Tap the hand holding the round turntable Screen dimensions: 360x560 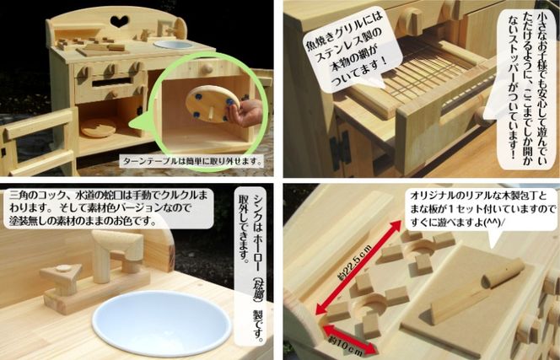click(246, 112)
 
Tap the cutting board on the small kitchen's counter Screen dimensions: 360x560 click(101, 51)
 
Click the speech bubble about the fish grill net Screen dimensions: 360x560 click(347, 53)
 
